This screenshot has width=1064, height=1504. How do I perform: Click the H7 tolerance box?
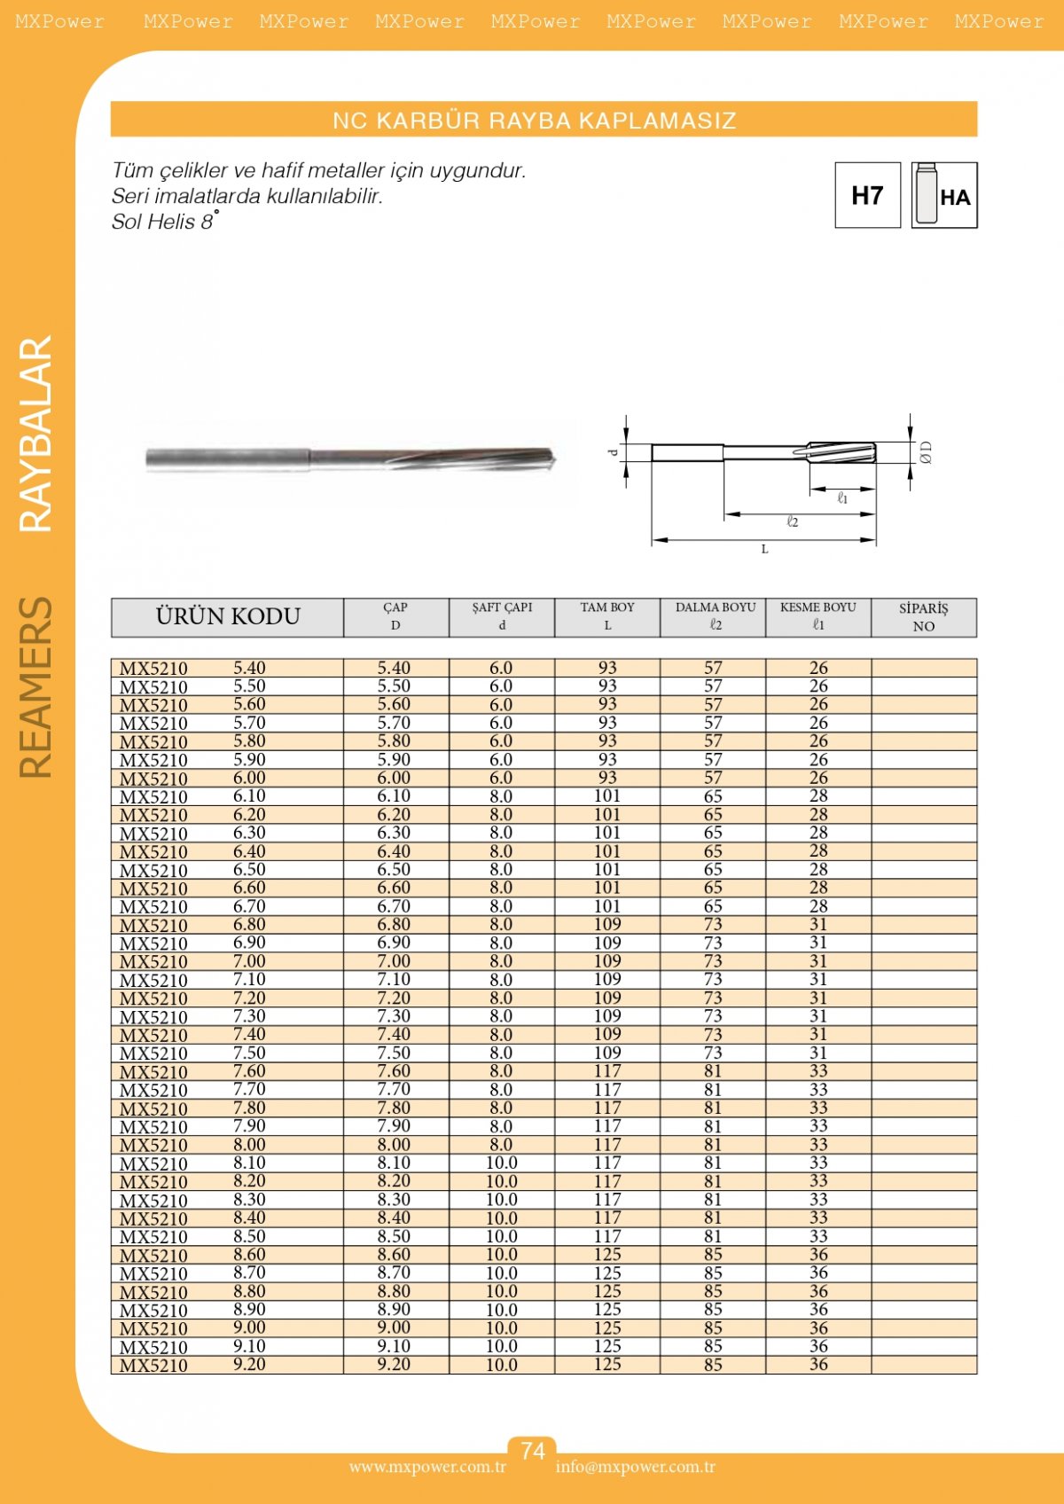pos(867,195)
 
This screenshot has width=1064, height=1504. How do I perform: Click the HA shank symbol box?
pos(944,195)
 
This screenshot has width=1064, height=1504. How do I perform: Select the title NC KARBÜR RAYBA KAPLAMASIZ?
pos(535,120)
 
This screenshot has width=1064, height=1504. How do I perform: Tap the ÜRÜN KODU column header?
pos(228,616)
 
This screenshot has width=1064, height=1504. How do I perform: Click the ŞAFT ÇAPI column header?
pos(502,616)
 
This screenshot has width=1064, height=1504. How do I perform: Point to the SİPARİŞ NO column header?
pos(924,616)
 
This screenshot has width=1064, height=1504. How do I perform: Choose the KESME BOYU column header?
pos(818,616)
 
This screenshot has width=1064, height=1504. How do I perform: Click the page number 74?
pos(532,1451)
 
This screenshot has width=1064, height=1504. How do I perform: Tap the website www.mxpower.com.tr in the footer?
pos(427,1467)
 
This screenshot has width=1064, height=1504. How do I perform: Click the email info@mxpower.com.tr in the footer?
pos(635,1467)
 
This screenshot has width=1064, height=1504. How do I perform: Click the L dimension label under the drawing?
pos(764,549)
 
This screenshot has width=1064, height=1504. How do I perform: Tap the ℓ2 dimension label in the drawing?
pos(793,522)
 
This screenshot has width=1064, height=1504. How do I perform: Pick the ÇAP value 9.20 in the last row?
pos(394,1365)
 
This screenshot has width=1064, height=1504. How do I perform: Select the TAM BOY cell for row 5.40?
pos(607,668)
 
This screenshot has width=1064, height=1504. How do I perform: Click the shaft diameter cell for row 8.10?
pos(501,1163)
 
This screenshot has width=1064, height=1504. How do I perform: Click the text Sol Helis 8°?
pos(164,222)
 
